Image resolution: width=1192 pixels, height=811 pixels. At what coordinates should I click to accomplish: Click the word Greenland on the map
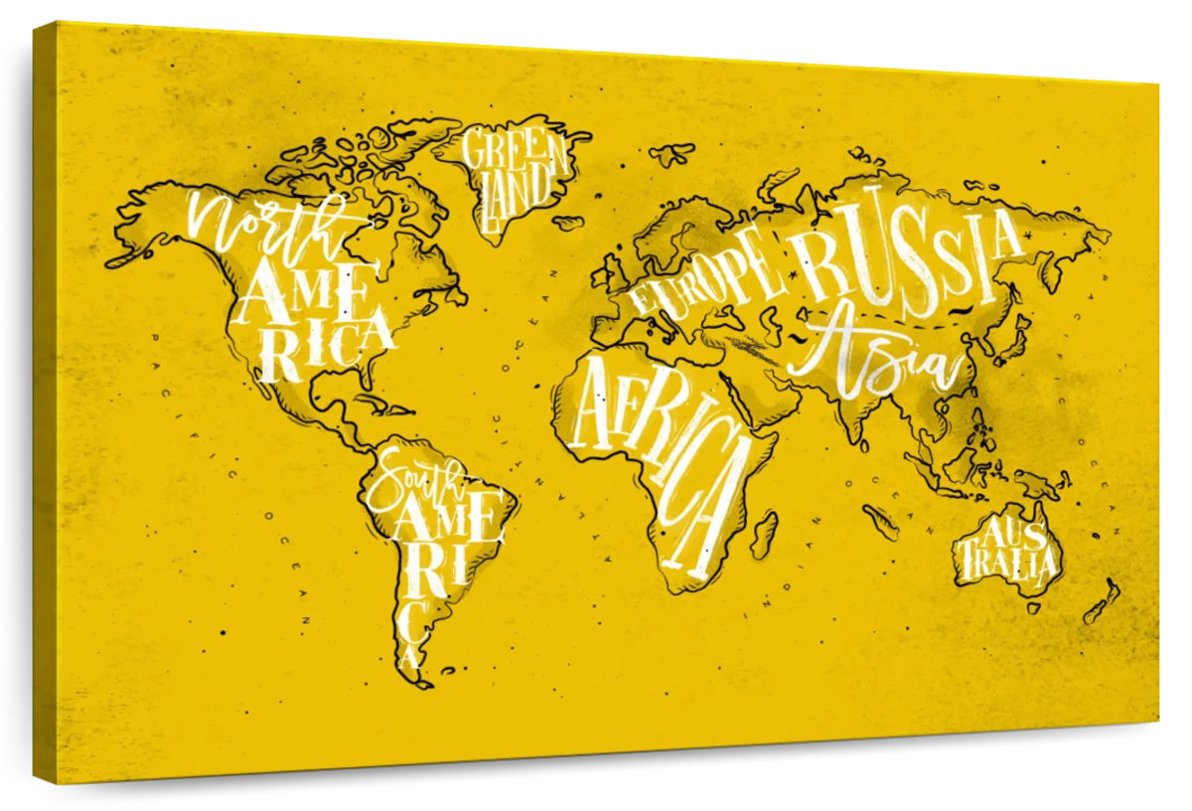tap(512, 174)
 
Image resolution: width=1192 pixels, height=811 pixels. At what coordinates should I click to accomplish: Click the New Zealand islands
tap(1101, 602)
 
